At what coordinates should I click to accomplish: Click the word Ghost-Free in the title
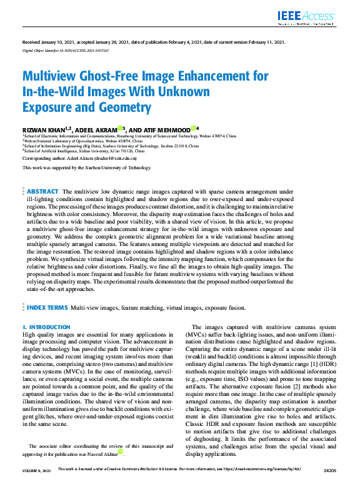click(107, 77)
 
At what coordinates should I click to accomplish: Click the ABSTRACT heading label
click(42, 191)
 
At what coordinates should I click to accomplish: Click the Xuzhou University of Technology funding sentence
click(87, 168)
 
